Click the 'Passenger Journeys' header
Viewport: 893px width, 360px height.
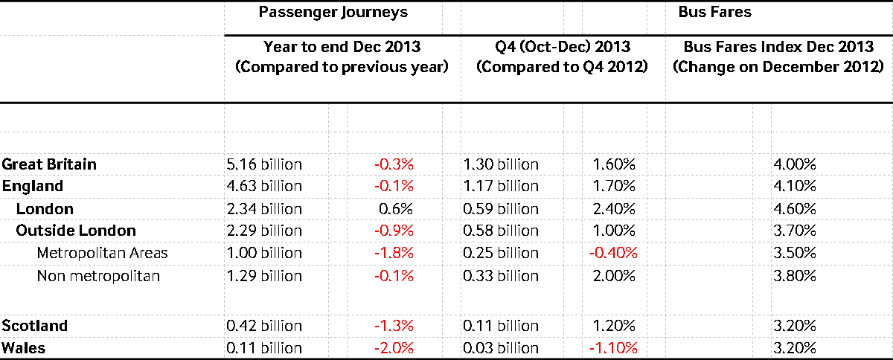point(333,13)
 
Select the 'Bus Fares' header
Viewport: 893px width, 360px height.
point(703,13)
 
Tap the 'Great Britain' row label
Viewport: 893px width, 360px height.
point(49,164)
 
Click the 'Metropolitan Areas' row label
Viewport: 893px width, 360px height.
point(102,253)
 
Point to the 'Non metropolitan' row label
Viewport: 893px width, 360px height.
point(98,276)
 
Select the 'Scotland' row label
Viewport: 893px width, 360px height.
point(35,326)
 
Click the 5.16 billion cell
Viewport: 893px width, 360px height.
point(263,164)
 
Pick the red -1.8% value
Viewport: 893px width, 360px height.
point(393,253)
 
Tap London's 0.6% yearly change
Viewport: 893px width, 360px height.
point(397,209)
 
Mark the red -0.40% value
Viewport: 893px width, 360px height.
point(613,253)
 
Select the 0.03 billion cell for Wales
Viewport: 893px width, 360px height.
point(501,348)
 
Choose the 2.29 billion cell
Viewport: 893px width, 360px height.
point(263,231)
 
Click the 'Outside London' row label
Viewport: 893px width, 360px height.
point(76,231)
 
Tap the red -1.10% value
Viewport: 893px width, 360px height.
point(613,348)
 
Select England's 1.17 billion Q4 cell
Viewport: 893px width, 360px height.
point(501,186)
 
